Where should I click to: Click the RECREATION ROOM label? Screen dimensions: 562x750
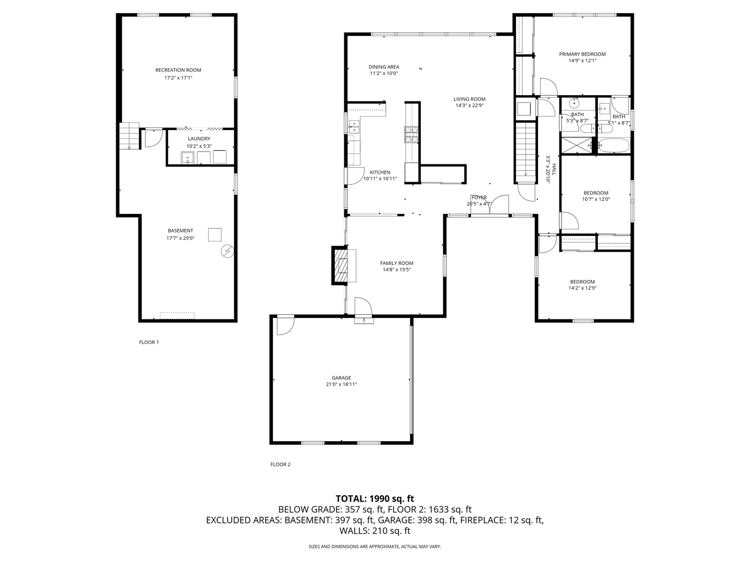tap(178, 70)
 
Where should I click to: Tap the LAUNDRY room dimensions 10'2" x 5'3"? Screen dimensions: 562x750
tap(199, 146)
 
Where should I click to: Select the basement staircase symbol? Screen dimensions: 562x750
tap(129, 136)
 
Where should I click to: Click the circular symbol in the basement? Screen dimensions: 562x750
tap(228, 252)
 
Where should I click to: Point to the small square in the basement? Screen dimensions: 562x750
tap(215, 235)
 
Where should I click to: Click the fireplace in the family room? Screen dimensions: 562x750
tap(343, 265)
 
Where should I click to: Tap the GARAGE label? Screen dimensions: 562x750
tap(341, 378)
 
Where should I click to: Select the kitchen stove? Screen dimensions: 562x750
tap(411, 135)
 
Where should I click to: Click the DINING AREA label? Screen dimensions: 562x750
tap(384, 67)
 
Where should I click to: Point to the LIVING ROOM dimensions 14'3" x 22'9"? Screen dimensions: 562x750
tap(469, 106)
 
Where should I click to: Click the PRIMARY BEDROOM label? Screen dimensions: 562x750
tap(582, 54)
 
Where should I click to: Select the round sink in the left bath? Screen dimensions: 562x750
tap(576, 103)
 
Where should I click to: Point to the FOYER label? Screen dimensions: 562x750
tap(479, 198)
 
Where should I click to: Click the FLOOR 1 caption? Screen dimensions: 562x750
tap(149, 342)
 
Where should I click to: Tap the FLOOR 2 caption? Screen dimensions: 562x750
tap(280, 464)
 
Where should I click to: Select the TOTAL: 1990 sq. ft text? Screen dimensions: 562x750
tap(374, 499)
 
